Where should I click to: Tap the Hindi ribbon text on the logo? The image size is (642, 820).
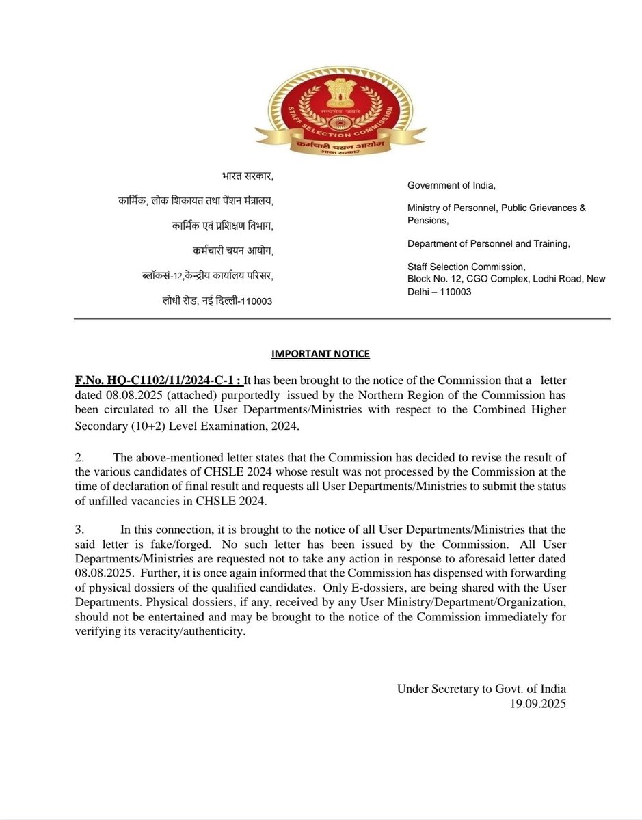pos(340,147)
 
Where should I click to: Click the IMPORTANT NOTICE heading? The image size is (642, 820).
pos(321,354)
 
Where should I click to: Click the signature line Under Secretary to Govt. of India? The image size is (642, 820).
pos(481,689)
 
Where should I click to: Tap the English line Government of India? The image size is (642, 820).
pos(451,185)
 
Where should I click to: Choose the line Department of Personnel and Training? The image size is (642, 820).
pos(488,243)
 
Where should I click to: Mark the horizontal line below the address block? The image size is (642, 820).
pos(341,318)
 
